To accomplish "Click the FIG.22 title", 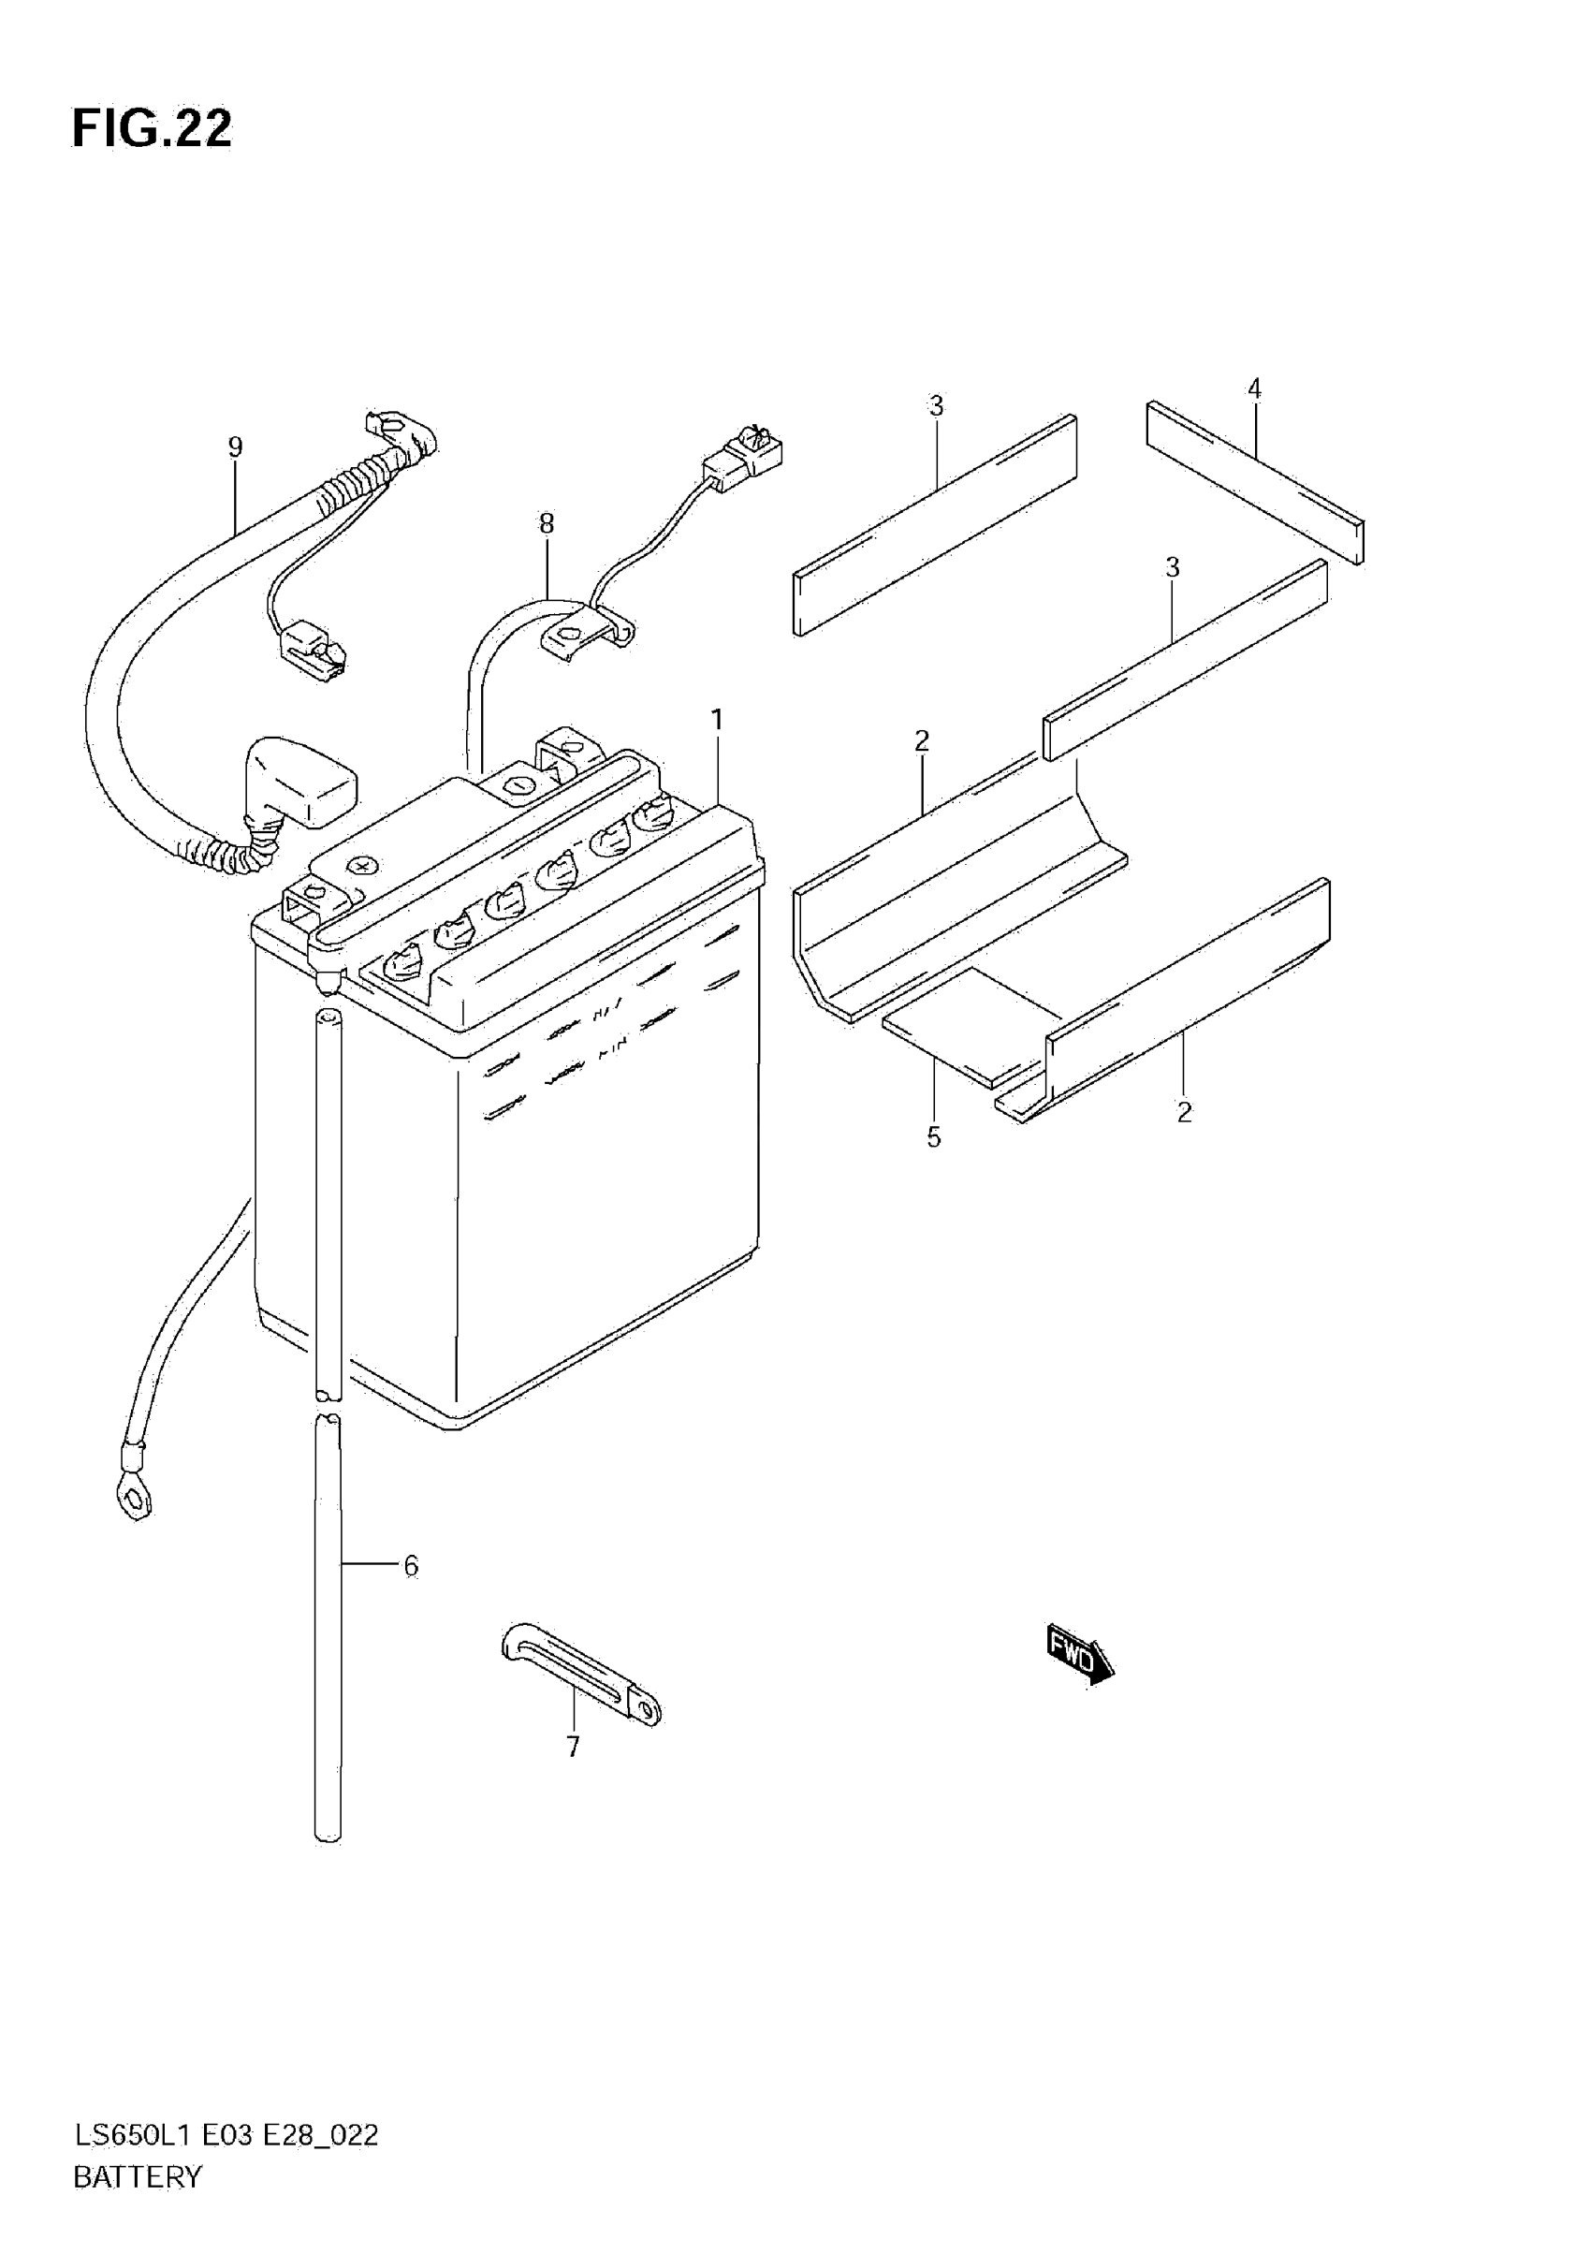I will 153,129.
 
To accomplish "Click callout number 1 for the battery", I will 718,720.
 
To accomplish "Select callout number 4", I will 1253,388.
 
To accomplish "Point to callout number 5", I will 933,1138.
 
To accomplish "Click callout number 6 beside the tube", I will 410,1566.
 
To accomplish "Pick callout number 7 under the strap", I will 573,1747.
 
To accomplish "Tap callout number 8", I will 547,523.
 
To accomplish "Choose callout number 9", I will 235,447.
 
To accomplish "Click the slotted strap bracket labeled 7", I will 579,1673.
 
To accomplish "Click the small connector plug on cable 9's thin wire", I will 312,647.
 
